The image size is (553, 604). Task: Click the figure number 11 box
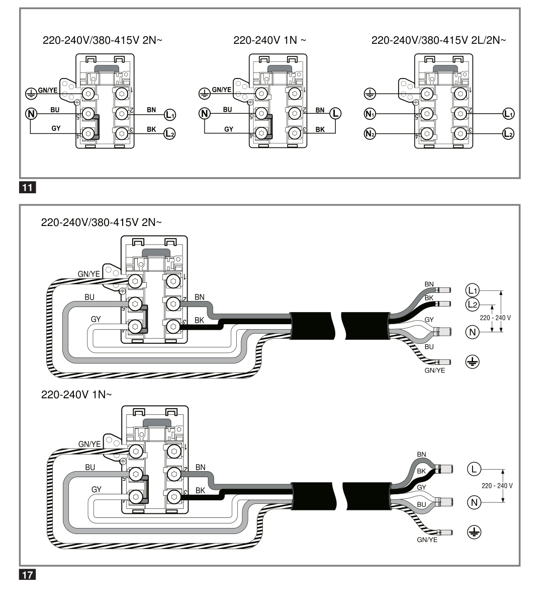point(27,187)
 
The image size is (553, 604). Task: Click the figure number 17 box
point(27,574)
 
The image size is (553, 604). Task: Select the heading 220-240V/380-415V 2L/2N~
point(438,40)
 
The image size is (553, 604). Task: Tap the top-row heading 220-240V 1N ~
point(269,40)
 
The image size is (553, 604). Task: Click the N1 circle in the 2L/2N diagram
point(370,114)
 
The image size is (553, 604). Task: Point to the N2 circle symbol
point(370,133)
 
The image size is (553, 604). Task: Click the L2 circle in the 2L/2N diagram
point(508,133)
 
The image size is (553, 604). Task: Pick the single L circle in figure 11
point(335,114)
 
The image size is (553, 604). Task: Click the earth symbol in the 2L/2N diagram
point(370,94)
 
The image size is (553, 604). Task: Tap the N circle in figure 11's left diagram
point(31,114)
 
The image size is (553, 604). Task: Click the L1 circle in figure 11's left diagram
point(170,115)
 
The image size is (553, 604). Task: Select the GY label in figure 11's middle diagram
point(229,129)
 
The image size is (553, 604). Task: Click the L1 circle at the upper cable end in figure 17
point(472,290)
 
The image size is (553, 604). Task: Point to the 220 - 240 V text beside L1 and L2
point(495,318)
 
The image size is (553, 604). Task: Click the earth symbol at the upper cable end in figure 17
point(472,361)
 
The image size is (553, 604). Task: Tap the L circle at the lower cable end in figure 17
point(474,469)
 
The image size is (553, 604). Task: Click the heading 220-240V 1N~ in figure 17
point(76,395)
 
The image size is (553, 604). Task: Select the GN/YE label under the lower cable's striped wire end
point(427,540)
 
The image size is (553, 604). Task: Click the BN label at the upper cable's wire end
point(429,284)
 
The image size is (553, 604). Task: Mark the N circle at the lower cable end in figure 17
point(474,502)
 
